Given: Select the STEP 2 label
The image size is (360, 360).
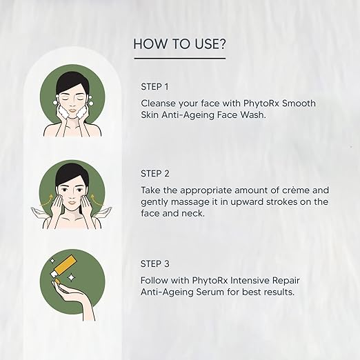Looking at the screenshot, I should [155, 174].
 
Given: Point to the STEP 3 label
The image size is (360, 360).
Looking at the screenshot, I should [155, 264].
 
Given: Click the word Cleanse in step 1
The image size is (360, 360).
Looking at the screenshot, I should [161, 103].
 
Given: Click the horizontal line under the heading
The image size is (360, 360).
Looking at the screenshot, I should [179, 59].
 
